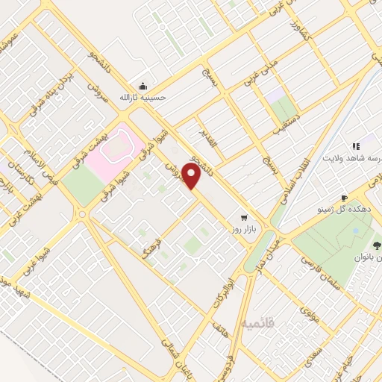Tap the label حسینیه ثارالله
pos(143,97)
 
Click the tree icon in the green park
pos(375,244)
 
